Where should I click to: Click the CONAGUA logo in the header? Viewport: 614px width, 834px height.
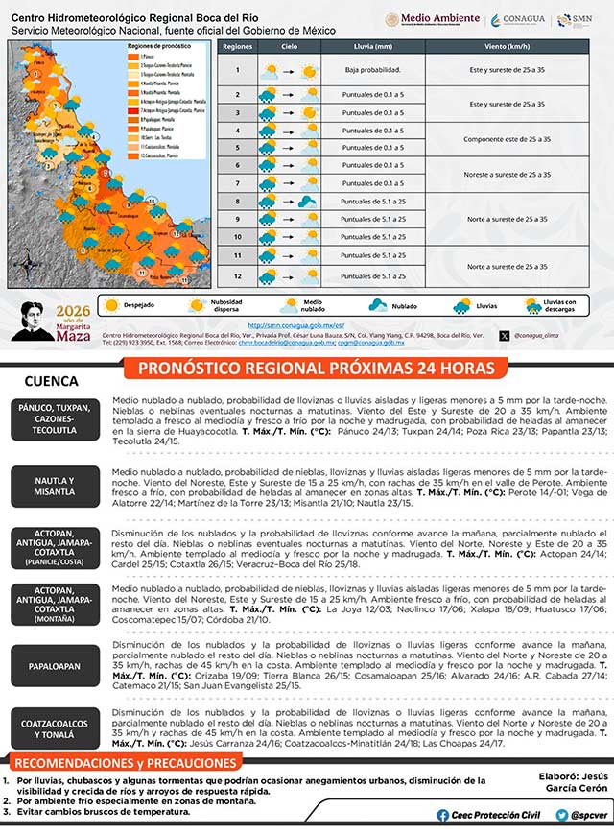coord(519,20)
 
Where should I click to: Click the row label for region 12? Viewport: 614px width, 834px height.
coord(237,276)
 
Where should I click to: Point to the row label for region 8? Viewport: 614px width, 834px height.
coord(237,201)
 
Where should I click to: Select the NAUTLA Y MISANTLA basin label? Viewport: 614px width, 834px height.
coord(55,486)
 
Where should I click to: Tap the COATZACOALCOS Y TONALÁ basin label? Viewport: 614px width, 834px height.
coord(55,727)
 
